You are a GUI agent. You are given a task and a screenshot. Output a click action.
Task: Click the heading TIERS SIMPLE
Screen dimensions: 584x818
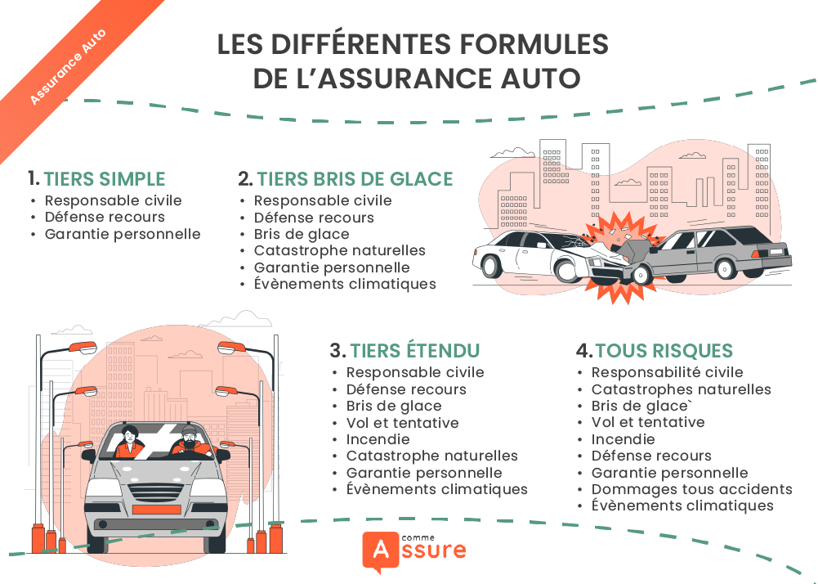(x=104, y=179)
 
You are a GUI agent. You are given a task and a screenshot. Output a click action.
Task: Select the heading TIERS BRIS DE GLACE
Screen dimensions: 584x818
(x=355, y=179)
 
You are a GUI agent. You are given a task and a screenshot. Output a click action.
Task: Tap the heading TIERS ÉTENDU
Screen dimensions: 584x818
(x=415, y=351)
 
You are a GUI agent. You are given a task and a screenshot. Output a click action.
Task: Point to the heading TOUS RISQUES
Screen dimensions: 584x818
(x=664, y=351)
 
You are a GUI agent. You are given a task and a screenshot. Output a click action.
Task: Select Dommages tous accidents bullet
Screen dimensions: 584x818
(x=691, y=489)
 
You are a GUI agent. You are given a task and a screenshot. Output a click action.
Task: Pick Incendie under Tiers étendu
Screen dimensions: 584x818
(x=378, y=439)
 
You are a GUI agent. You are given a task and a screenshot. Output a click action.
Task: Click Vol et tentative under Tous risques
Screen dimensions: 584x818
(x=647, y=422)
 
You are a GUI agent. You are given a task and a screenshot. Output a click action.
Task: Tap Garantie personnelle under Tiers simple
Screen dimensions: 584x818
(x=123, y=234)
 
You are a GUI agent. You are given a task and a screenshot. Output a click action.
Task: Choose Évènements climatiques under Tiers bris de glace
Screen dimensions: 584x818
(x=345, y=284)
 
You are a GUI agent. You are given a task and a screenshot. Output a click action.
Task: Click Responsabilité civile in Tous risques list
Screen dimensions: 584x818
(x=667, y=372)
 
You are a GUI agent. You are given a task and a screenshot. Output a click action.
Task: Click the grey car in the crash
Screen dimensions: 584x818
(x=711, y=249)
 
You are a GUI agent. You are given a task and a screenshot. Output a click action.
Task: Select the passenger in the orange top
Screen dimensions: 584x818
(x=129, y=443)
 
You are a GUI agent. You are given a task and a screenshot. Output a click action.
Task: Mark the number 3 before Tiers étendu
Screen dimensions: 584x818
(x=337, y=351)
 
